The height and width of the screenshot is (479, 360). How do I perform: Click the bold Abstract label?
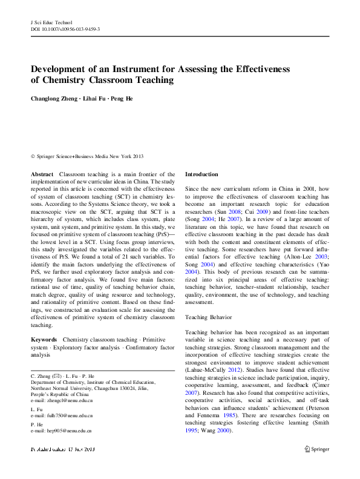click(42, 174)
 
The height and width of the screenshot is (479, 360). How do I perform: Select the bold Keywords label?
click(44, 340)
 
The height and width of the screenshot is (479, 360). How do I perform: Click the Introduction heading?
click(201, 174)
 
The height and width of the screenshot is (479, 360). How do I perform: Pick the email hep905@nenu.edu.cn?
click(61, 431)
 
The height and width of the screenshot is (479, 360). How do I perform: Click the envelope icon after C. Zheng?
click(57, 377)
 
